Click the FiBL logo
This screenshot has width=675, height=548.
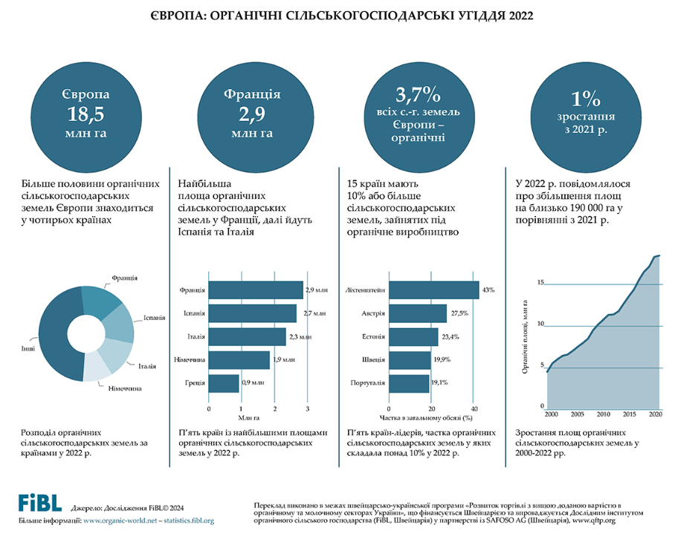tap(39, 502)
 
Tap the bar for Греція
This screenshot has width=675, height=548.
tap(224, 383)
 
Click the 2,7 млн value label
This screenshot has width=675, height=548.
tap(315, 313)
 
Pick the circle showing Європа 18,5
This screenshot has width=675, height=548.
tap(85, 112)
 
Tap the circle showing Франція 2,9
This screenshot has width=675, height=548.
tap(252, 112)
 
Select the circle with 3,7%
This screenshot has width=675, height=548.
tap(419, 112)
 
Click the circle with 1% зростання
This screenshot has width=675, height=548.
tap(585, 112)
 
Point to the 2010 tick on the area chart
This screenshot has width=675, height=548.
tap(603, 414)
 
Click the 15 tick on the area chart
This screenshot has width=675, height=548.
tap(541, 282)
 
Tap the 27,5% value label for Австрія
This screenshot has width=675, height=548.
tap(459, 313)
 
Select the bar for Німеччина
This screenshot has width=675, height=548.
tap(239, 360)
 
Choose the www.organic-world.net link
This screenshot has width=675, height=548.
tap(121, 521)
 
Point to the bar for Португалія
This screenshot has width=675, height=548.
tap(409, 383)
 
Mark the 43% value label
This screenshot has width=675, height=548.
tap(488, 290)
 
